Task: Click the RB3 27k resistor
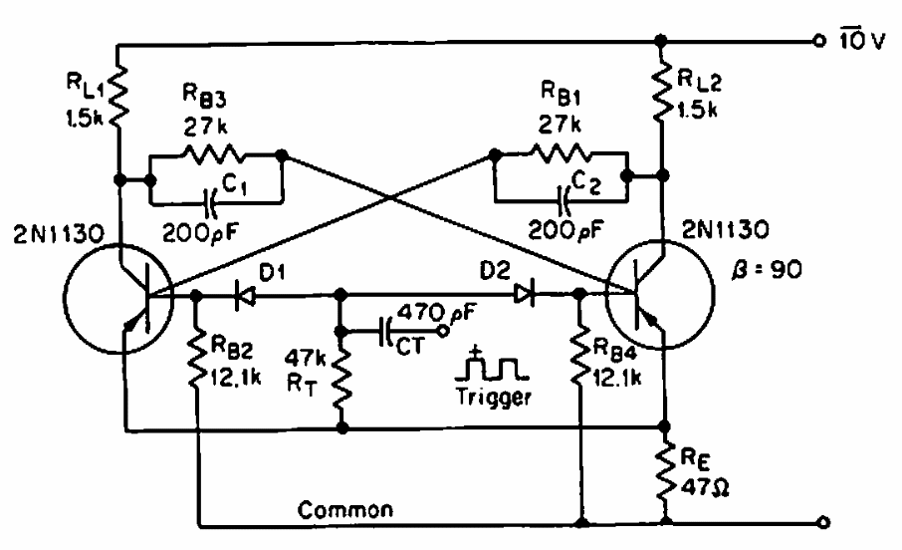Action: [x=214, y=155]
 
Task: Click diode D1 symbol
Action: [x=242, y=294]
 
